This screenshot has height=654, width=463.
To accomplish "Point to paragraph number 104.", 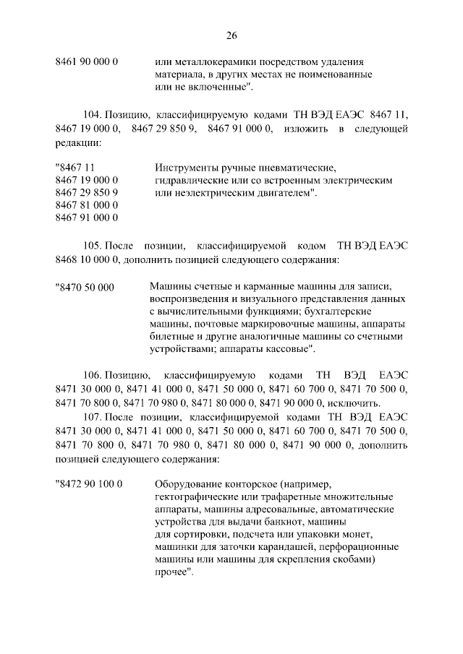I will pyautogui.click(x=93, y=115).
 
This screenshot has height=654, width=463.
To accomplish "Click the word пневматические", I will pyautogui.click(x=300, y=168).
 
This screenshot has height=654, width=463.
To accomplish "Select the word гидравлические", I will pyautogui.click(x=187, y=181).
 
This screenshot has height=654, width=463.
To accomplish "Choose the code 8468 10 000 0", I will pyautogui.click(x=87, y=259).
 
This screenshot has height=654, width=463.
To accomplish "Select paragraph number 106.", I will pyautogui.click(x=93, y=377).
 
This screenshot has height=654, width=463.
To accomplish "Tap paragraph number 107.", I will pyautogui.click(x=93, y=417).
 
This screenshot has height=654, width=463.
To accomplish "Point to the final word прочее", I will pyautogui.click(x=174, y=572).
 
